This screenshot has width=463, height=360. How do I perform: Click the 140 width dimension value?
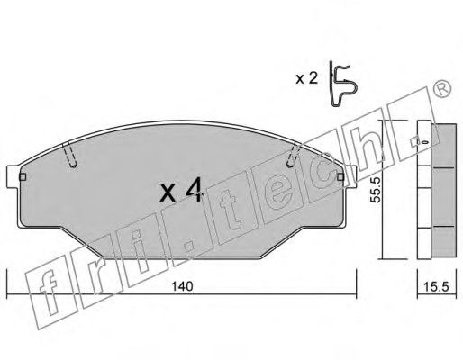(x=182, y=286)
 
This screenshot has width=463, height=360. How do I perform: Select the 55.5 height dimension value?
(x=376, y=190)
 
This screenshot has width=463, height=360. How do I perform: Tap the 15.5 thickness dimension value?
(x=436, y=287)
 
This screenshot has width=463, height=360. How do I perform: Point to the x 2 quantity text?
(x=306, y=79)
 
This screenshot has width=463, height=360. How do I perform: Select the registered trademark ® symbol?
(x=442, y=88)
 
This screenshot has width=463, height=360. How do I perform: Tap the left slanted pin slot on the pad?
(x=70, y=154)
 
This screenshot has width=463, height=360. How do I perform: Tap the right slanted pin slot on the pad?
(x=294, y=155)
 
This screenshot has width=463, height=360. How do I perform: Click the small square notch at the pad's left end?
(x=23, y=177)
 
